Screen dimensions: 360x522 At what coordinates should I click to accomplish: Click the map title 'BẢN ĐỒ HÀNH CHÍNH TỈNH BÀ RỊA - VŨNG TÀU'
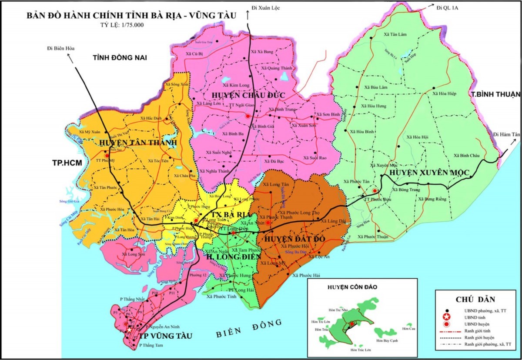point(131,16)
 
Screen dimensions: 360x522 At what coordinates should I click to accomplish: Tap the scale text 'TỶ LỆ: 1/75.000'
point(122,25)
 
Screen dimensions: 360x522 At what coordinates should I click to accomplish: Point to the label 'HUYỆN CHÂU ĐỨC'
point(243,95)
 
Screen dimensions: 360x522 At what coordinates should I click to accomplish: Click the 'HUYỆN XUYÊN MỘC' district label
point(429,173)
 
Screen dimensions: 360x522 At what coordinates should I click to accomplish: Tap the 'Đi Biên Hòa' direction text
point(61,49)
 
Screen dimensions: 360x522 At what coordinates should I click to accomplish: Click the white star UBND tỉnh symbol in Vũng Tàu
point(129,330)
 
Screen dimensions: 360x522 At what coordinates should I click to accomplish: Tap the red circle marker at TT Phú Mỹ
point(107,154)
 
